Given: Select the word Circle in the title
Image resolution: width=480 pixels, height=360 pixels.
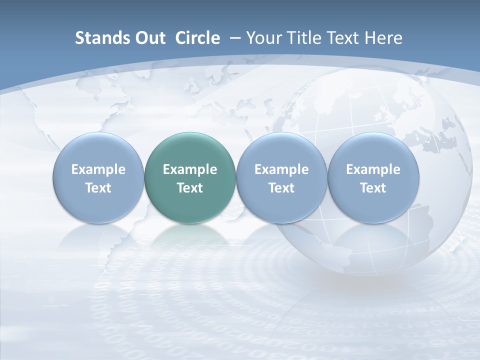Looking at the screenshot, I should (197, 38).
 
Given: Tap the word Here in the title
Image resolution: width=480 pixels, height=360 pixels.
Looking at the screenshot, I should (383, 38).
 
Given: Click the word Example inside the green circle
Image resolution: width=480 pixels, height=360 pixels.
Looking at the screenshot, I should (190, 169).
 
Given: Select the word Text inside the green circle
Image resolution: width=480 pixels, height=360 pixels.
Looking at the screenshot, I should (190, 188).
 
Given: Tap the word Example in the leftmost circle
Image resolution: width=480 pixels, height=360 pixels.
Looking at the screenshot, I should (98, 169).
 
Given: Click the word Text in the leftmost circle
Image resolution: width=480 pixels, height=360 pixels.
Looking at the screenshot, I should (98, 188).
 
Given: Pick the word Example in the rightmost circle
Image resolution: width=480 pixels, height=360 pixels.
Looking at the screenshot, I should (373, 169).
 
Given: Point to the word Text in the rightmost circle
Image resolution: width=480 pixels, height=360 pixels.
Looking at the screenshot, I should (373, 188).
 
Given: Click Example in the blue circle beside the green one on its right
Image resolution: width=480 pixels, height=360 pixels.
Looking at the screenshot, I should (281, 169).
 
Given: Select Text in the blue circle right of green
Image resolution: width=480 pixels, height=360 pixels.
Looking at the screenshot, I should (281, 188).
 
